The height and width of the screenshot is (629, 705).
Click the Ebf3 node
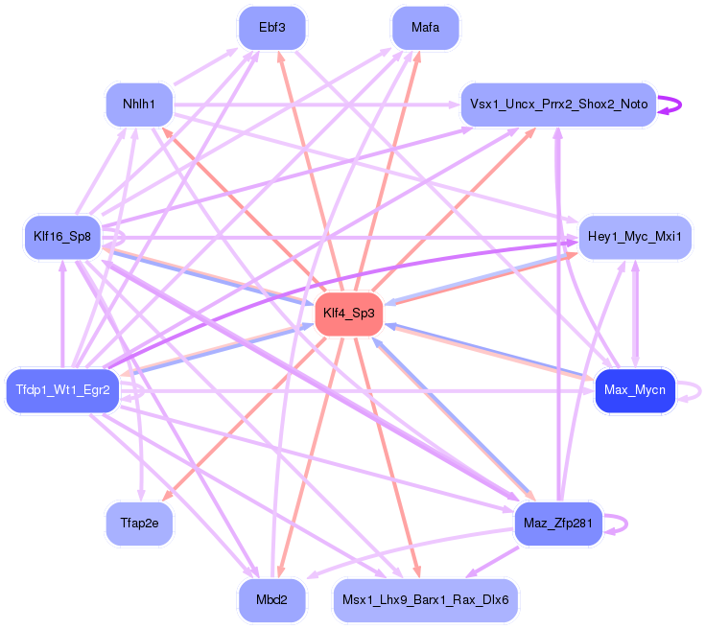pyautogui.click(x=271, y=28)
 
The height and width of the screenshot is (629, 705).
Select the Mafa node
pyautogui.click(x=425, y=28)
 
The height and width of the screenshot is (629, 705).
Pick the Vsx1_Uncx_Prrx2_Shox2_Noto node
pyautogui.click(x=557, y=104)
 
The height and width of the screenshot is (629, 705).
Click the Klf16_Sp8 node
pyautogui.click(x=62, y=237)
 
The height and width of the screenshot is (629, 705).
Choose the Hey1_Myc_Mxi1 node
pyautogui.click(x=634, y=237)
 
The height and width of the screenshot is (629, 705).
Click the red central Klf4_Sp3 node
pyautogui.click(x=348, y=314)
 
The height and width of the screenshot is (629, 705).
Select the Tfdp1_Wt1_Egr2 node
pyautogui.click(x=62, y=390)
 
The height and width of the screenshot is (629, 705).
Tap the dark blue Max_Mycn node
pyautogui.click(x=634, y=390)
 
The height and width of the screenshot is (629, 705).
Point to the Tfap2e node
pyautogui.click(x=139, y=524)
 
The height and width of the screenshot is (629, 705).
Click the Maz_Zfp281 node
pyautogui.click(x=557, y=524)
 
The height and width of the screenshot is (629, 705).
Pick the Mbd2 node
pyautogui.click(x=271, y=600)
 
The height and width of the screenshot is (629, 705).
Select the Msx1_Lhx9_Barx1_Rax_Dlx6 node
pyautogui.click(x=425, y=600)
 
